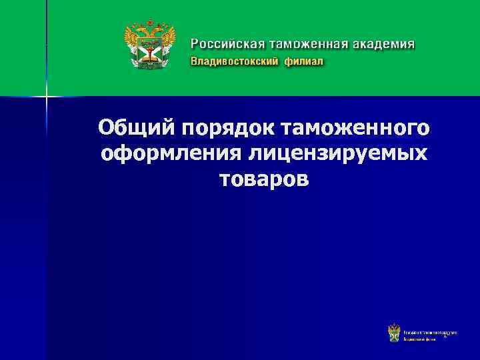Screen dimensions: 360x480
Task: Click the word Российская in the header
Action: click(227, 45)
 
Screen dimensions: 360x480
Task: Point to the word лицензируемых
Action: click(338, 153)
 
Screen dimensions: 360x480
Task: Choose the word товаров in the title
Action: click(263, 179)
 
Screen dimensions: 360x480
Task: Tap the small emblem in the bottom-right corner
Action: click(394, 333)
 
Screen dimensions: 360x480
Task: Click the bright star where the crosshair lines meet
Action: click(47, 96)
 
